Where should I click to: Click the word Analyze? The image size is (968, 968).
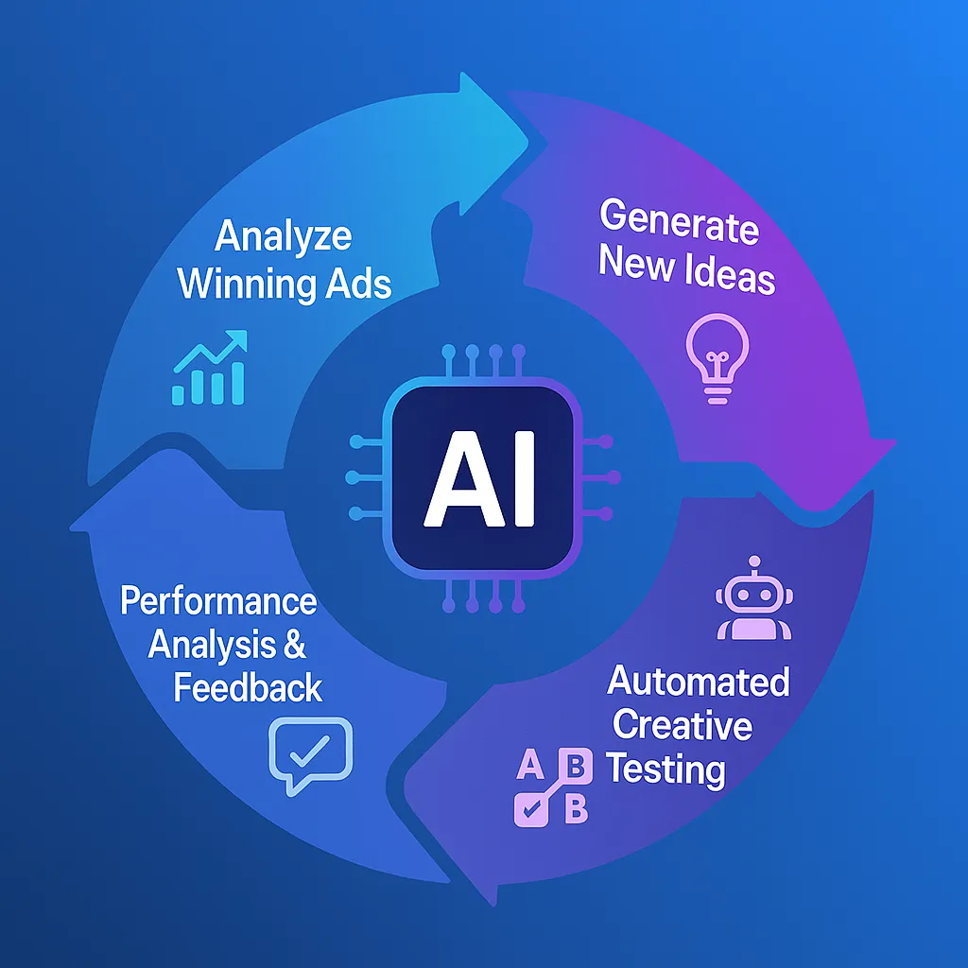[x=283, y=236]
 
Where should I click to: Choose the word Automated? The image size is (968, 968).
[x=698, y=681]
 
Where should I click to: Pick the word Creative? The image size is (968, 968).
[x=682, y=725]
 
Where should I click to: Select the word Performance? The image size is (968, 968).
[x=218, y=600]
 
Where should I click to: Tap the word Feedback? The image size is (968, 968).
[x=248, y=687]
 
